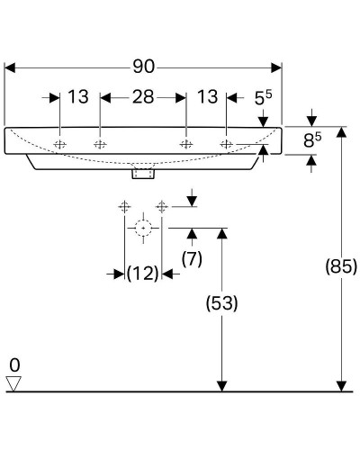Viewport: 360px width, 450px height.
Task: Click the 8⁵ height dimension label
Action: [x=311, y=140]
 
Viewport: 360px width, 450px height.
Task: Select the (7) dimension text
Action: [x=192, y=258]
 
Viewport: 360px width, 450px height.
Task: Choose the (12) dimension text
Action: [x=142, y=273]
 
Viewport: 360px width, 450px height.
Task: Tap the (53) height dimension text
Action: [x=221, y=303]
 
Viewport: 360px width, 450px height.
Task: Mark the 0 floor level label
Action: [x=13, y=364]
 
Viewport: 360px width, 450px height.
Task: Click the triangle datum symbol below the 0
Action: [x=13, y=383]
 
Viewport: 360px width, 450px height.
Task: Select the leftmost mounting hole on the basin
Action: [x=59, y=144]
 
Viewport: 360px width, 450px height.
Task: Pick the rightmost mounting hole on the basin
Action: [x=226, y=144]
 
